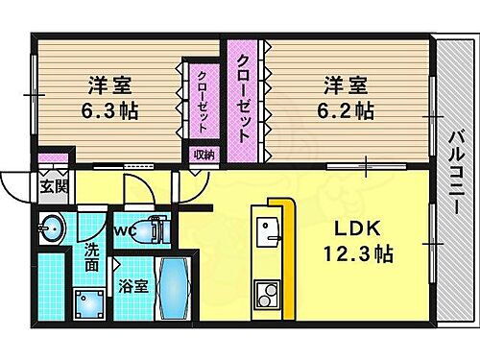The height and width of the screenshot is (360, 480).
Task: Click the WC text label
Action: (124, 230)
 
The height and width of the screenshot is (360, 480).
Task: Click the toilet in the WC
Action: (151, 230)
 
